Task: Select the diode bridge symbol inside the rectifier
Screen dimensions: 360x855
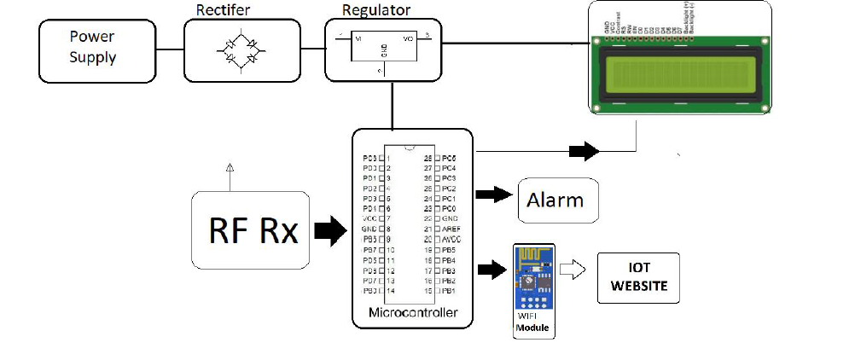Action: click(241, 50)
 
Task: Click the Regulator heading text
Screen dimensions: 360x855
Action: click(376, 11)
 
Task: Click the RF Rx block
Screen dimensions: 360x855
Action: click(253, 230)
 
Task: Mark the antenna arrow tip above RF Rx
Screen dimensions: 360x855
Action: click(229, 165)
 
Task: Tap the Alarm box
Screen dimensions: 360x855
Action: click(555, 201)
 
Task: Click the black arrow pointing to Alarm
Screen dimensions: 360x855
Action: click(492, 195)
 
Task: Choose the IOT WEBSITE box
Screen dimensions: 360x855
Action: click(638, 278)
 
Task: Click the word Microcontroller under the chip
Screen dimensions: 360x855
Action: click(412, 313)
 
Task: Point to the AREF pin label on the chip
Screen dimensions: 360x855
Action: click(451, 229)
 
